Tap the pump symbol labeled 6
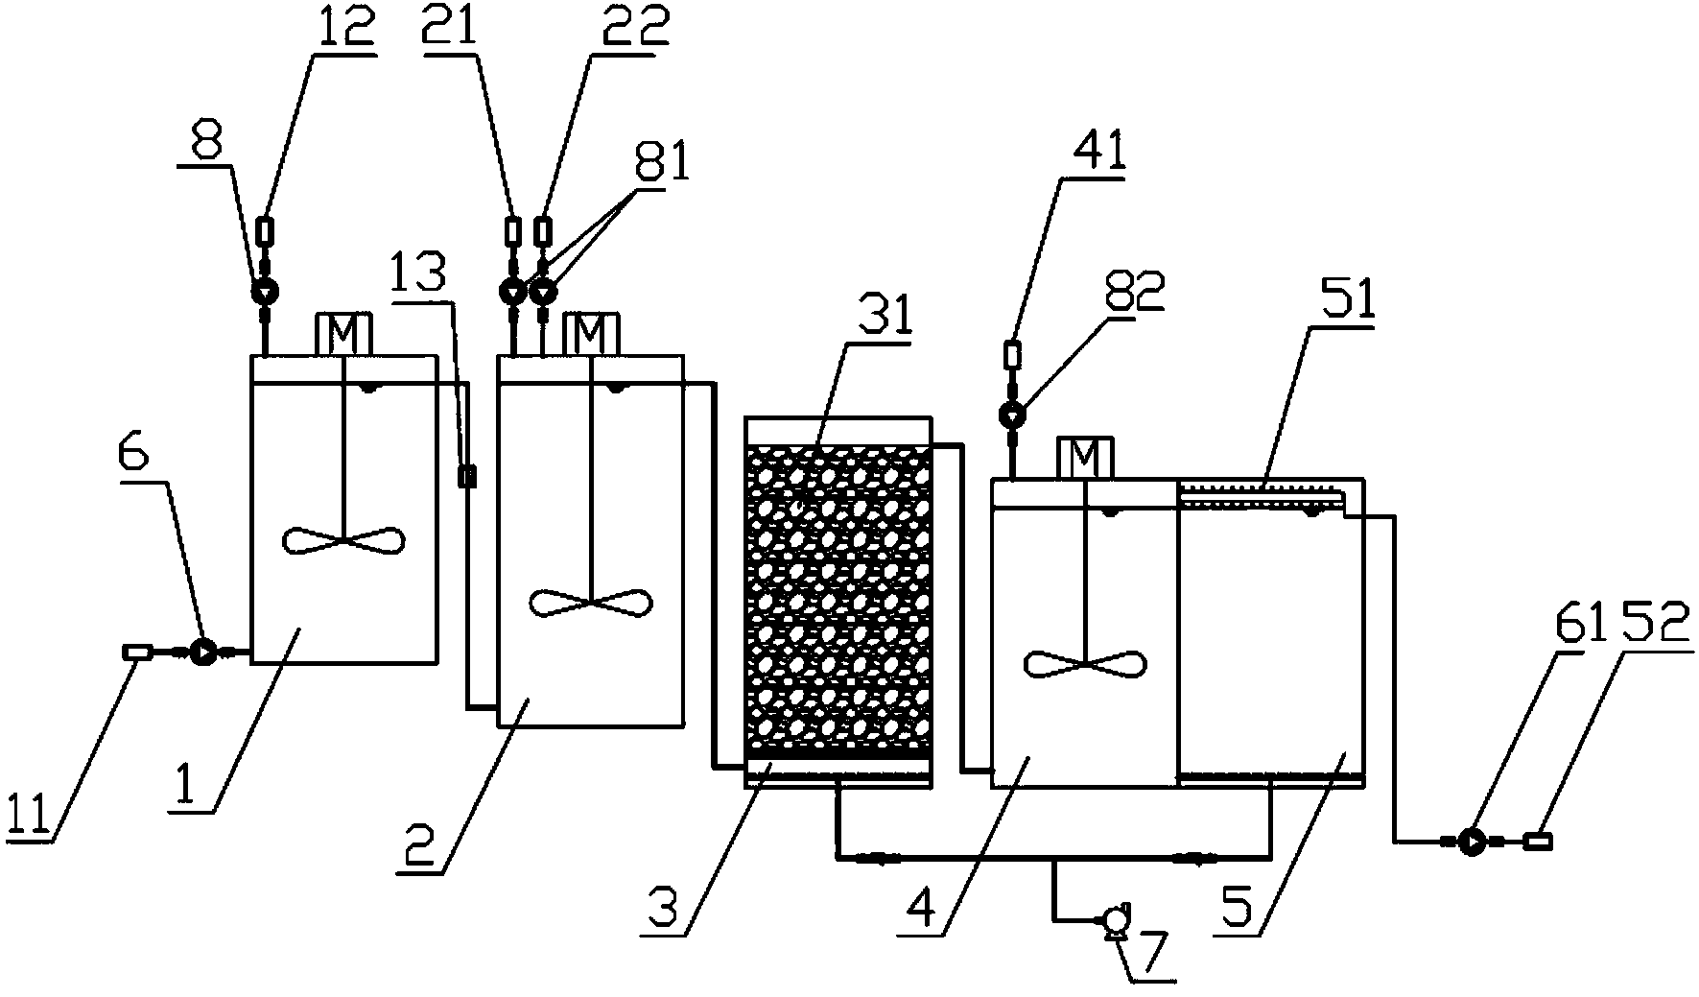pyautogui.click(x=202, y=653)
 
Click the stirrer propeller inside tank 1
pyautogui.click(x=343, y=539)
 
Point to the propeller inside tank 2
pyautogui.click(x=591, y=603)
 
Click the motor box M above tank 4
pyautogui.click(x=1085, y=458)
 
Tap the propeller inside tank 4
pyautogui.click(x=1085, y=663)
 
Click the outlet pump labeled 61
pyautogui.click(x=1469, y=842)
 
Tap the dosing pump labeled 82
pyautogui.click(x=1012, y=415)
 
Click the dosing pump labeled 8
pyautogui.click(x=264, y=290)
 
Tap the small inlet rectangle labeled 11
pyautogui.click(x=135, y=653)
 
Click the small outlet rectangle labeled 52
pyautogui.click(x=1539, y=842)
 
